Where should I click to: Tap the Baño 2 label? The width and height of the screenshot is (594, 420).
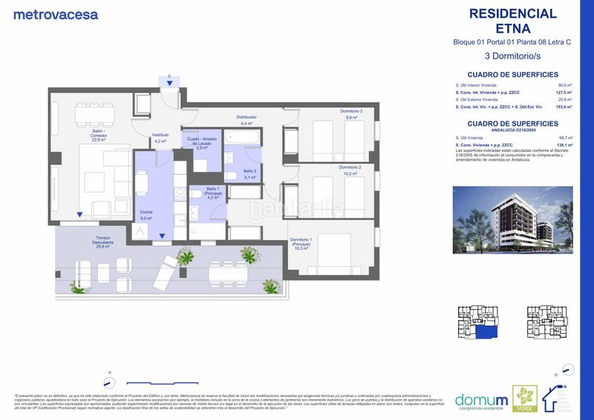pos(249,174)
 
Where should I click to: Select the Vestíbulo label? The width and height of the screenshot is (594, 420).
pos(160,138)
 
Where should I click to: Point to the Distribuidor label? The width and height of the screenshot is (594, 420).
pos(246,120)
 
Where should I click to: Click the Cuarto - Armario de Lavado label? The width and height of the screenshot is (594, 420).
pos(201,142)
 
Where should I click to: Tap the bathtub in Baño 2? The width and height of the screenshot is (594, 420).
pos(241,138)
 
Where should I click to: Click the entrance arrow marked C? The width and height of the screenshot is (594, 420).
pos(170,83)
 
